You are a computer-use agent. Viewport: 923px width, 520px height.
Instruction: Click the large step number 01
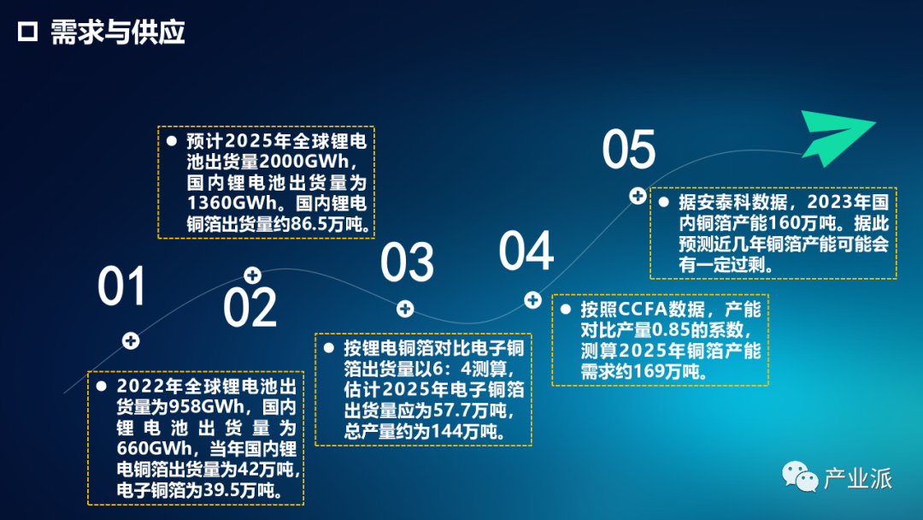121,286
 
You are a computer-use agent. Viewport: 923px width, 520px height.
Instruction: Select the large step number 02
250,307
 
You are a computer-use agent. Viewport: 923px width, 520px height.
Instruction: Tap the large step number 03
407,262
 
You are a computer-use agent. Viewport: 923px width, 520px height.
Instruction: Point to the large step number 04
526,251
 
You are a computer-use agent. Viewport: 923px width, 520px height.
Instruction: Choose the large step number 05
629,150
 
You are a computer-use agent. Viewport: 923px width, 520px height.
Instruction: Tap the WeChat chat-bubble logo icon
800,476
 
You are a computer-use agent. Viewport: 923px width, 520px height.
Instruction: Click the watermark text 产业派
858,478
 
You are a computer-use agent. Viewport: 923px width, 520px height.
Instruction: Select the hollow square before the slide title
27,32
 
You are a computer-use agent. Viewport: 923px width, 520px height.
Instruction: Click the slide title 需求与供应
118,32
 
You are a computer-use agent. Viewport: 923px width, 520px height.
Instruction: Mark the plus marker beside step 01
131,340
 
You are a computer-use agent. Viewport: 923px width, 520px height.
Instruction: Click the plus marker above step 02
252,275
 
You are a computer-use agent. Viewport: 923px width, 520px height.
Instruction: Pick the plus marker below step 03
405,308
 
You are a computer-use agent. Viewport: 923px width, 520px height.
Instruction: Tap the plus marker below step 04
532,300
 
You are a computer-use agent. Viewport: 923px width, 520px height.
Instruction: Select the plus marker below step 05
638,196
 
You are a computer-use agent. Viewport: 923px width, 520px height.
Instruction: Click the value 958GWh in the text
206,407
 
